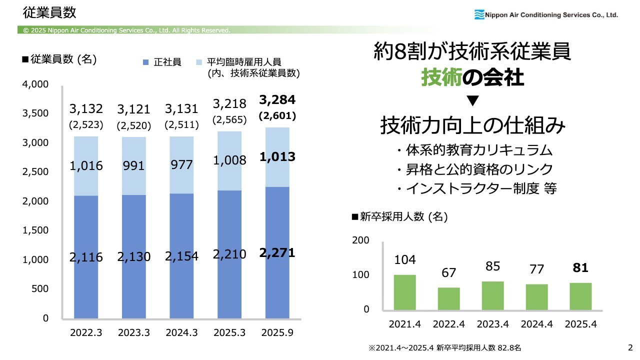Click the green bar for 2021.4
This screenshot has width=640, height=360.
(404, 293)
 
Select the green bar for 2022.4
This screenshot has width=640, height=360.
(448, 299)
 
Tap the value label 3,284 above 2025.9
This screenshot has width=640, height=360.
(277, 100)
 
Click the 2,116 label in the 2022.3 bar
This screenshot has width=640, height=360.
(86, 257)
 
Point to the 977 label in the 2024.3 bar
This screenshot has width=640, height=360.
(182, 165)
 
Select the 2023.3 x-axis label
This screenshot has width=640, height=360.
(134, 332)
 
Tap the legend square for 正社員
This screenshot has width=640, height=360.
(146, 62)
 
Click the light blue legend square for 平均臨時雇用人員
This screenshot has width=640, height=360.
(199, 62)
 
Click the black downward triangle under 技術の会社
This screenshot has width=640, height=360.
(472, 101)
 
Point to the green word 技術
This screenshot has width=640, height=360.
(440, 78)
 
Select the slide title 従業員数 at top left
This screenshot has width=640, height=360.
(49, 11)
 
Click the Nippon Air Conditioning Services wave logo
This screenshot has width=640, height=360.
(479, 14)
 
